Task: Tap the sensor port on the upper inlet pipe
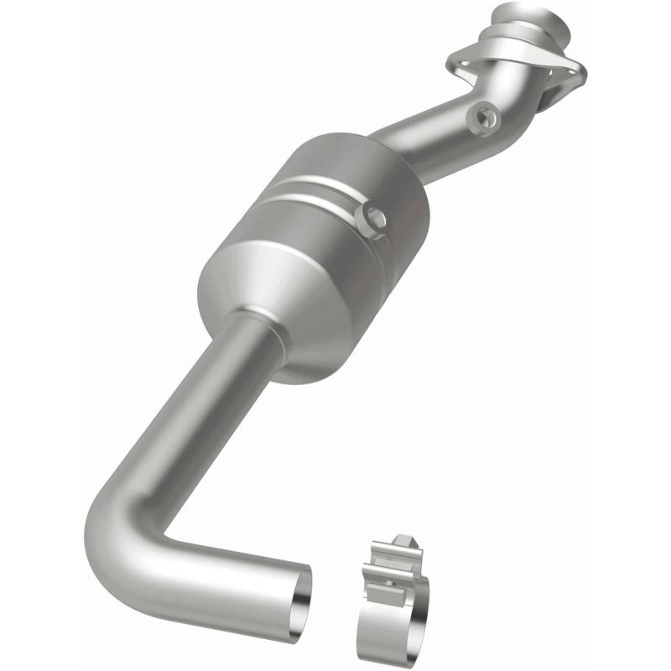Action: click(484, 116)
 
